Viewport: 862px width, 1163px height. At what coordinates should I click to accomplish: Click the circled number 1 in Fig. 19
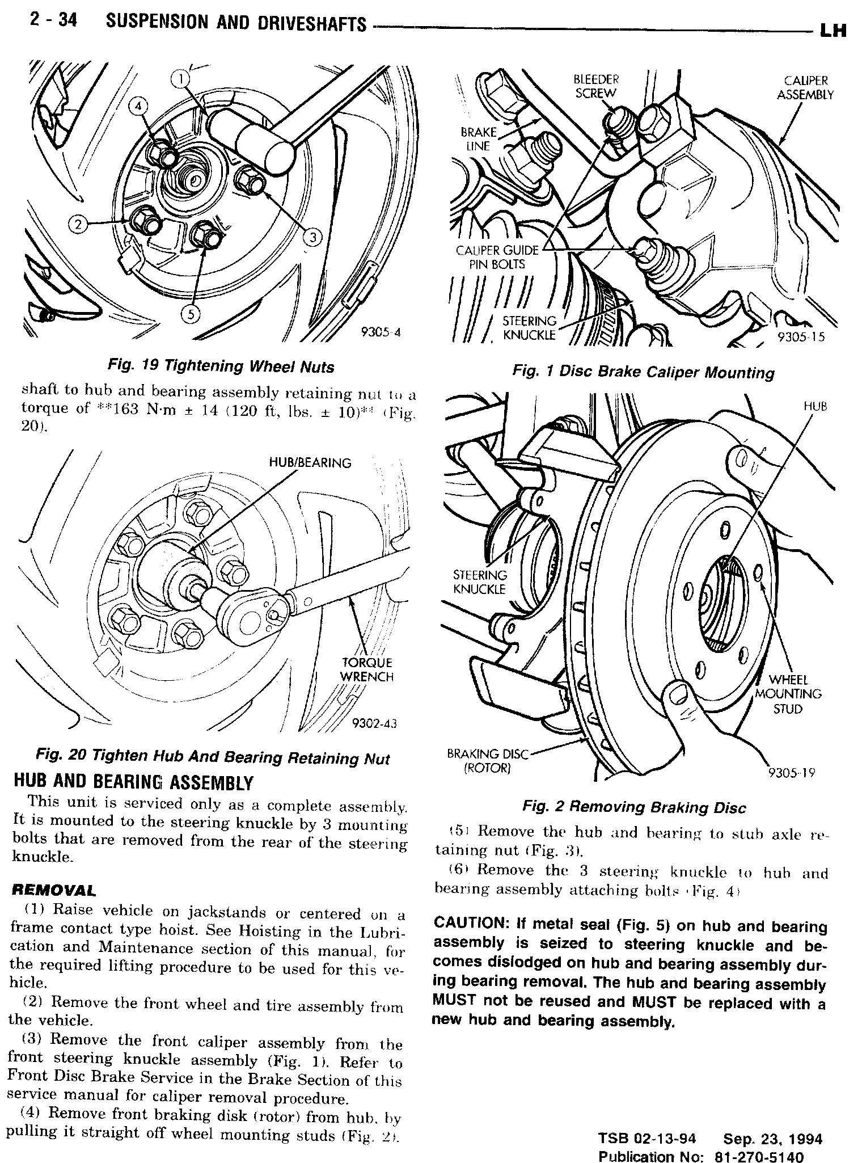tap(180, 80)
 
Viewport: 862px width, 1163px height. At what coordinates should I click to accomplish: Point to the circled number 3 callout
tap(311, 237)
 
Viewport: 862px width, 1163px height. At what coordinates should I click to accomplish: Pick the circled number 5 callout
tap(191, 315)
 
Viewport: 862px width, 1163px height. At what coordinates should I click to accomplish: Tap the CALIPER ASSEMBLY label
tap(805, 88)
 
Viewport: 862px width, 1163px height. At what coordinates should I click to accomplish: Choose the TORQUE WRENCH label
tap(366, 669)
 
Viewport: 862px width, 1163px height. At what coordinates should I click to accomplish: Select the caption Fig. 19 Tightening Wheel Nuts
tap(221, 366)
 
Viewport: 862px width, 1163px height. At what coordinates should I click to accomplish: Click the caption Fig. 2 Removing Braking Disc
tap(633, 807)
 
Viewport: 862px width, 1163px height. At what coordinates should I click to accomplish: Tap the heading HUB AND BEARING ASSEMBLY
tap(133, 783)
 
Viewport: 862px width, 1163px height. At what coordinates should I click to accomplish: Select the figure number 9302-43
tap(374, 723)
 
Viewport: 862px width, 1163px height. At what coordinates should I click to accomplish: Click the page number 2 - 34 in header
tap(53, 23)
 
